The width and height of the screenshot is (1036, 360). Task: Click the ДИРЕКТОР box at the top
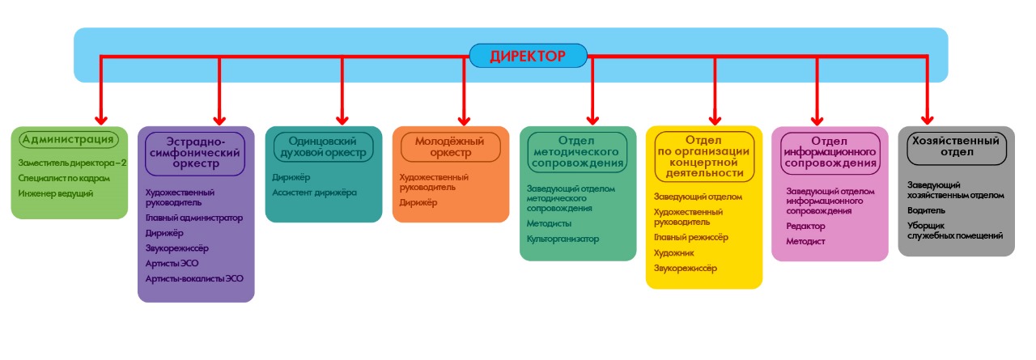click(x=528, y=56)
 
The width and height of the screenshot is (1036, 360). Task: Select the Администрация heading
click(x=68, y=140)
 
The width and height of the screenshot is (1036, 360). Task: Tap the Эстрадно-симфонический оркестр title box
click(x=195, y=152)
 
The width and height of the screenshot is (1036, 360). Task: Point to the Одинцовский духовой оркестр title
click(x=323, y=146)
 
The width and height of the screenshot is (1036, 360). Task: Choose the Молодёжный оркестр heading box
click(x=454, y=146)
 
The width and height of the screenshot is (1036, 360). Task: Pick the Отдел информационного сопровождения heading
click(x=830, y=152)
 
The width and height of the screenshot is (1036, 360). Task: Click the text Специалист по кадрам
click(x=63, y=178)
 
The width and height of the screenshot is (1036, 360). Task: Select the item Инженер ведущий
click(x=56, y=193)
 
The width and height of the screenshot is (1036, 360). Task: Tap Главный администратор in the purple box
click(x=194, y=218)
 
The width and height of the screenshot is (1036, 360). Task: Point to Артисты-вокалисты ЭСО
click(x=194, y=278)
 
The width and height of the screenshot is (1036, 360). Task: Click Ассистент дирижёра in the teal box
click(x=314, y=192)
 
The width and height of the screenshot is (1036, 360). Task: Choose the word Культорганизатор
click(x=563, y=239)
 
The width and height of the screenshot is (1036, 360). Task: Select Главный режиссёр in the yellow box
click(x=691, y=237)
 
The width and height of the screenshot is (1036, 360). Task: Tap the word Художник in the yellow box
click(x=674, y=252)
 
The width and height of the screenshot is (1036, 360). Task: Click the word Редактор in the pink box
click(x=806, y=226)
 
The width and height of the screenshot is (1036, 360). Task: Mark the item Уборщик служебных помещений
click(x=955, y=231)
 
